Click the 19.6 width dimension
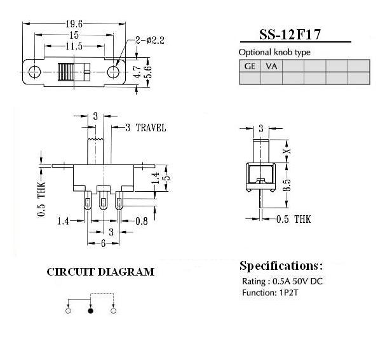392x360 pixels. (x=74, y=24)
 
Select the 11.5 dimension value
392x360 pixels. (x=74, y=46)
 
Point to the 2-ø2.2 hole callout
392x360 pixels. (x=150, y=40)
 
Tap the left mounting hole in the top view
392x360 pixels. (x=34, y=72)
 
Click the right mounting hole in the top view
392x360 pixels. (x=113, y=72)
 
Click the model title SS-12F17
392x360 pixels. (x=290, y=34)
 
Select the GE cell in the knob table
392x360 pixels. (x=250, y=66)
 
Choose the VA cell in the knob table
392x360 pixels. (x=271, y=66)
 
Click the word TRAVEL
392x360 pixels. (x=151, y=128)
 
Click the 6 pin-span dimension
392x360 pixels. (x=104, y=243)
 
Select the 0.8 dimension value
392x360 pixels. (x=142, y=221)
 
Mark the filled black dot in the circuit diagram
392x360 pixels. (x=90, y=310)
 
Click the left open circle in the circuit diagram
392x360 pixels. (x=68, y=310)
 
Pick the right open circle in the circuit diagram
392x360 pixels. (x=113, y=310)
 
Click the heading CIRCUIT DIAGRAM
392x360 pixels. (x=100, y=272)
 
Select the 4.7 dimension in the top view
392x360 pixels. (x=138, y=72)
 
